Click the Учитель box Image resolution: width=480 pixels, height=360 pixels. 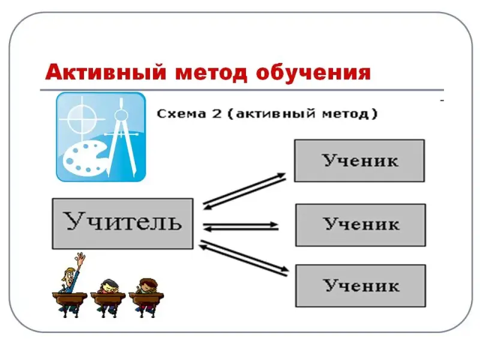coord(122,223)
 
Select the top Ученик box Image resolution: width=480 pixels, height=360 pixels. coord(359,161)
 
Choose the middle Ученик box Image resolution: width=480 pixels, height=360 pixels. coord(360,224)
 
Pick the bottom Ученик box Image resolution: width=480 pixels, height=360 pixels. coord(360,286)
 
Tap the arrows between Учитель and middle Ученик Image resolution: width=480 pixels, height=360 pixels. coord(241,227)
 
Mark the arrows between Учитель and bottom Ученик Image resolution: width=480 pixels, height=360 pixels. coord(244,258)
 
